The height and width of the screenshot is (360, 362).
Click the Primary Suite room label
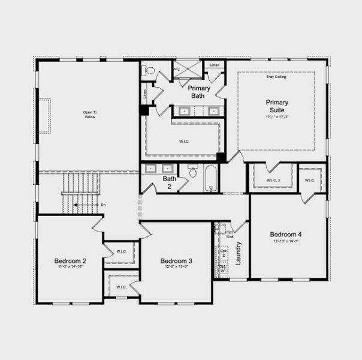pyautogui.click(x=277, y=106)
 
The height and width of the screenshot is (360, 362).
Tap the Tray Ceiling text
pyautogui.click(x=276, y=77)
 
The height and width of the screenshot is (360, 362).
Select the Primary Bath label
pyautogui.click(x=200, y=92)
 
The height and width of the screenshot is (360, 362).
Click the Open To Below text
pyautogui.click(x=90, y=114)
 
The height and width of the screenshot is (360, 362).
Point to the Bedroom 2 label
pyautogui.click(x=70, y=261)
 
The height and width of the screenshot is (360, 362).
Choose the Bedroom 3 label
pyautogui.click(x=176, y=261)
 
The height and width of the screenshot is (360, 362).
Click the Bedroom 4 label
pyautogui.click(x=286, y=235)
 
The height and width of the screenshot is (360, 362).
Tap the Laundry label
pyautogui.click(x=238, y=253)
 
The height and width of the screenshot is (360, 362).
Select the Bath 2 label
pyautogui.click(x=170, y=182)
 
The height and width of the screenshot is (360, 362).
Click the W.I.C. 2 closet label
pyautogui.click(x=273, y=180)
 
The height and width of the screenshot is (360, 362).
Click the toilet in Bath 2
pyautogui.click(x=193, y=172)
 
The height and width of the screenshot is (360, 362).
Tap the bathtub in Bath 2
pyautogui.click(x=211, y=178)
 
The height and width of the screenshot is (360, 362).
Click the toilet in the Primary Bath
pyautogui.click(x=149, y=70)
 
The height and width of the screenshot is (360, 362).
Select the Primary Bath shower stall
pyautogui.click(x=188, y=70)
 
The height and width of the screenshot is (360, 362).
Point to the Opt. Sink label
pyautogui.click(x=230, y=235)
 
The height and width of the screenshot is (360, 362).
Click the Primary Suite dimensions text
pyautogui.click(x=277, y=116)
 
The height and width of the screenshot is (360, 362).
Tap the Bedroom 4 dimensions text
pyautogui.click(x=286, y=242)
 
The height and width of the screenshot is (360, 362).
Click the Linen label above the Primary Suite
pyautogui.click(x=214, y=64)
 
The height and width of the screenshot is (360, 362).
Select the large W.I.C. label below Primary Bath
pyautogui.click(x=184, y=142)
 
